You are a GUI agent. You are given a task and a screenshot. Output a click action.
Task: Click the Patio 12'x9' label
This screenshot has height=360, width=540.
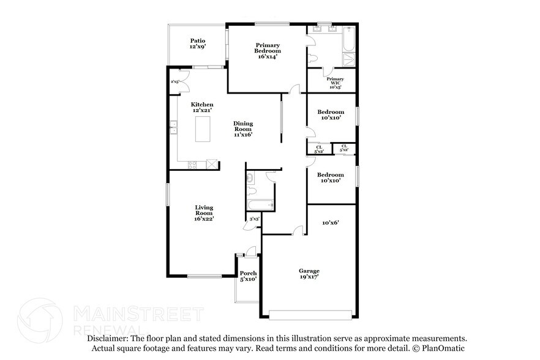pos(197,43)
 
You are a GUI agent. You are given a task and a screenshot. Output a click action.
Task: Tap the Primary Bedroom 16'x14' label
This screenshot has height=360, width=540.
pos(267,51)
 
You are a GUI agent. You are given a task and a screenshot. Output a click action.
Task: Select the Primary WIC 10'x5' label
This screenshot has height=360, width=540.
pos(335,83)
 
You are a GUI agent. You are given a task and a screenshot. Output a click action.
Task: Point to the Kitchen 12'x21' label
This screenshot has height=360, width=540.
pos(201,107)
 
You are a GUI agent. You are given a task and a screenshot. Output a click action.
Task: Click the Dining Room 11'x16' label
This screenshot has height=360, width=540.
pos(242,129)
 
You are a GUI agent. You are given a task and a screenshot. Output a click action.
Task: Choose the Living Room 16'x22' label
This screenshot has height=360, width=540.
pos(203,212)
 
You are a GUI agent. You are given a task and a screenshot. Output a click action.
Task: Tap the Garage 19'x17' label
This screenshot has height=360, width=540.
pos(309,274)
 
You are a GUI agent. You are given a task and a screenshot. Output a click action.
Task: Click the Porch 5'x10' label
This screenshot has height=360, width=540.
pos(248,276)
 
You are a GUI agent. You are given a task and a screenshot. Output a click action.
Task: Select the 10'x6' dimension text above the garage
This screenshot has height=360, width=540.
pos(331,223)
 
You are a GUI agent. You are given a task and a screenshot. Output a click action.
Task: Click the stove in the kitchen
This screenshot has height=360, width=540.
pos(192,163)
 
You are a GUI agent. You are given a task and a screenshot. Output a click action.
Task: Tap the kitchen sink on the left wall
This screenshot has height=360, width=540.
pos(173,127)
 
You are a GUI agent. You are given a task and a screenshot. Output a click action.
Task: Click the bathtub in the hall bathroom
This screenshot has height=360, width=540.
pos(260,205)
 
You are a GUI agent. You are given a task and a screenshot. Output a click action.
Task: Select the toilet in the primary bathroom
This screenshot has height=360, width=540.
pos(314,57)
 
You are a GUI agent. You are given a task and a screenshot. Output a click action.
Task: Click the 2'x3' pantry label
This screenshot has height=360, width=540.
pos(175,81)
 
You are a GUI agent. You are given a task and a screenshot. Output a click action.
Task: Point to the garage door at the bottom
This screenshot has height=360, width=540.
pos(311,315)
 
